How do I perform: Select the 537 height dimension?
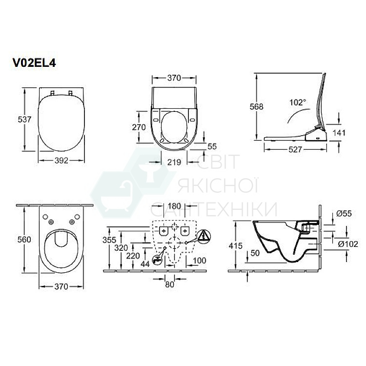click(x=25, y=119)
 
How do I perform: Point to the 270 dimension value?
click(x=139, y=127)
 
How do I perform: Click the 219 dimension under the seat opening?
click(x=175, y=162)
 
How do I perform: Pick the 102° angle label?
click(x=297, y=102)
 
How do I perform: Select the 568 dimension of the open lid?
click(x=257, y=106)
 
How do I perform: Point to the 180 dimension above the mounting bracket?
click(x=175, y=206)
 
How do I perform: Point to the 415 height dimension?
click(x=235, y=246)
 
